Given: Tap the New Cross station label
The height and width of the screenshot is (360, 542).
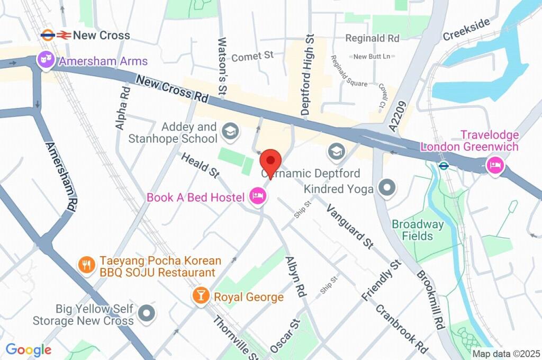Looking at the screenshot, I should point(101,35).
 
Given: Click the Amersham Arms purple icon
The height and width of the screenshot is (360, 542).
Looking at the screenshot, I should point(46,61).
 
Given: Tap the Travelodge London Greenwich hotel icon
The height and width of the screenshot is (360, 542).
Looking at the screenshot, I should point(495,166).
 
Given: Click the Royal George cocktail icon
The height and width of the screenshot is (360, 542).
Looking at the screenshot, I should point(201,296).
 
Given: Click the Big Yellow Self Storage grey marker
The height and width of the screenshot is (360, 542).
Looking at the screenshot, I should point(146,313).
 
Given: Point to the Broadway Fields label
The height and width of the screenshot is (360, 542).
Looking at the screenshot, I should point(418,229).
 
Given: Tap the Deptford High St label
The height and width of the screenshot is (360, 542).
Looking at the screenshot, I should point(308,75).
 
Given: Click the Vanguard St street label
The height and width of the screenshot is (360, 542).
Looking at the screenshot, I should point(349,226).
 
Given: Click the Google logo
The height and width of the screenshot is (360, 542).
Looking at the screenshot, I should point(29,350).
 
